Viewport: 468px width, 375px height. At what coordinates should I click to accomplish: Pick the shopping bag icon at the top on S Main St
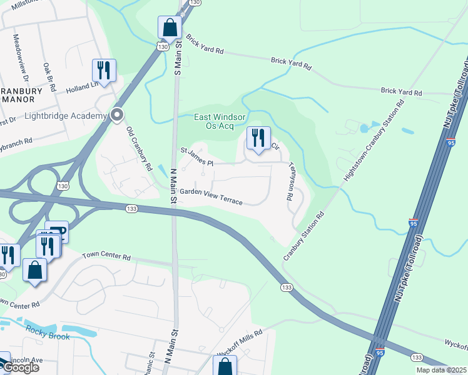[x=170, y=27]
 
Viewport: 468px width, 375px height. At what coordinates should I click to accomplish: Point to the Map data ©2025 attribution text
[x=441, y=370]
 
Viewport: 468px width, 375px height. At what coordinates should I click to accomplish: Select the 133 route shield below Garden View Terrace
[x=131, y=209]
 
